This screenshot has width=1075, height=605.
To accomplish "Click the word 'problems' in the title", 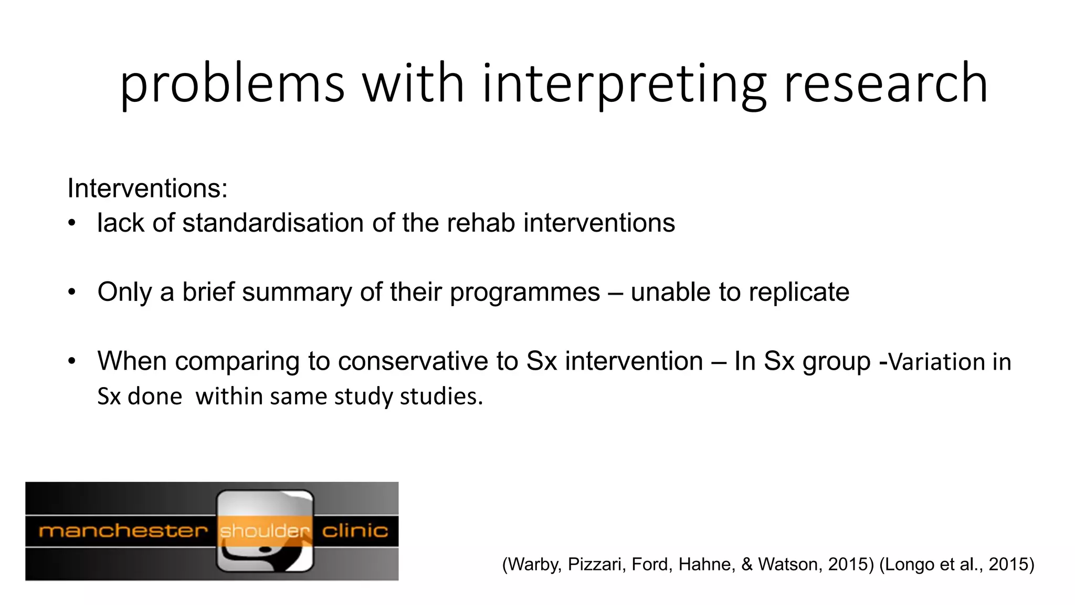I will point(232,84).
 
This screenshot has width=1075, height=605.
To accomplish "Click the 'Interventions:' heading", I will point(147,188).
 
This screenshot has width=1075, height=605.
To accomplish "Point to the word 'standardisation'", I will point(273,223).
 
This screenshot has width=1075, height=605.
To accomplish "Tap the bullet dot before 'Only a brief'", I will point(72,292).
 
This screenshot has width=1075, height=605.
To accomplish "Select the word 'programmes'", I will point(524,292).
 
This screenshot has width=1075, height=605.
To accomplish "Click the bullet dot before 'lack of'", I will point(72,223).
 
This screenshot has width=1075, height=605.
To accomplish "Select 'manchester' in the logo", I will point(123,531).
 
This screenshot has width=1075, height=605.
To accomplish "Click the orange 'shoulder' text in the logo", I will point(265,531).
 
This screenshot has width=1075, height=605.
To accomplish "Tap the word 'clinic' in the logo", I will point(355,531).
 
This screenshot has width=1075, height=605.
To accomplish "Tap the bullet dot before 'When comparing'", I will point(72,361).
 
